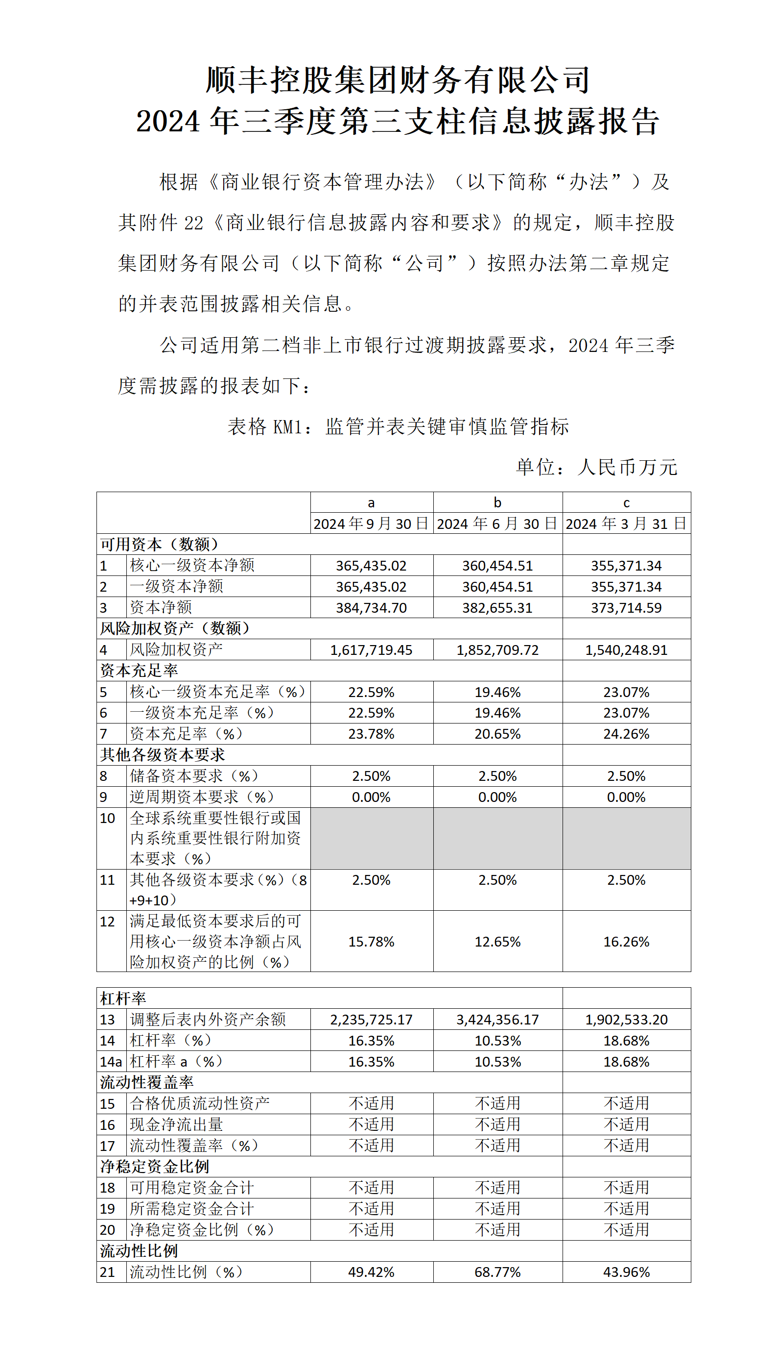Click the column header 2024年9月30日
[371, 524]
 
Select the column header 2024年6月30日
[497, 524]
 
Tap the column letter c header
[626, 502]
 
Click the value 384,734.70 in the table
[371, 608]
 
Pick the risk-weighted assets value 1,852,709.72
[497, 650]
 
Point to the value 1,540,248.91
[626, 650]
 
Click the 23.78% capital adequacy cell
[371, 734]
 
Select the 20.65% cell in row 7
[497, 734]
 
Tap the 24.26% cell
[626, 734]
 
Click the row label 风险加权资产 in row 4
[176, 649]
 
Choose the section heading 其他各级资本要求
[162, 755]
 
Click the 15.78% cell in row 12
[371, 942]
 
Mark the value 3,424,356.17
[497, 1020]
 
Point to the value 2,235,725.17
[371, 1020]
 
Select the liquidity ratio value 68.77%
[497, 1272]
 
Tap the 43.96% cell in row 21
[626, 1272]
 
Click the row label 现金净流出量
[176, 1125]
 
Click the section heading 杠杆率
[123, 998]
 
